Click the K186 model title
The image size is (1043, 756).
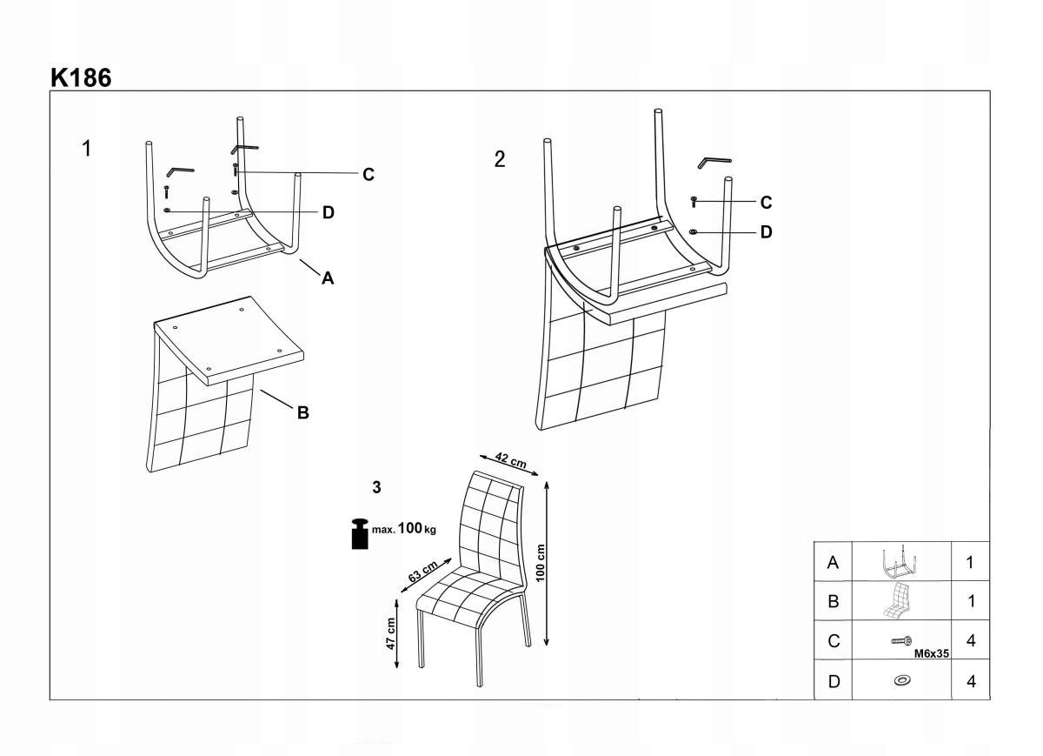click(x=81, y=77)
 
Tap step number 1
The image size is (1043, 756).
click(x=86, y=148)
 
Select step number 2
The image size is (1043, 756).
click(x=499, y=159)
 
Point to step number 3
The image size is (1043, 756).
click(x=376, y=487)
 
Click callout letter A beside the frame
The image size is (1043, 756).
click(x=328, y=278)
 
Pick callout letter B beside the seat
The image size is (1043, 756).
click(x=302, y=413)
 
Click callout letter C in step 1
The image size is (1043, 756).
click(x=369, y=175)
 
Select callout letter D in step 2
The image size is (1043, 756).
click(x=766, y=232)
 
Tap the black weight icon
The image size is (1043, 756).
click(x=358, y=534)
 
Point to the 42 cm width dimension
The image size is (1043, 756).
click(x=504, y=461)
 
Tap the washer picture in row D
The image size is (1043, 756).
click(x=902, y=679)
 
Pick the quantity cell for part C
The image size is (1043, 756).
click(x=971, y=641)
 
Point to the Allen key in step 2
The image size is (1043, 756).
click(x=714, y=161)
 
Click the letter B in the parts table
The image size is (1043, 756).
click(x=834, y=601)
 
